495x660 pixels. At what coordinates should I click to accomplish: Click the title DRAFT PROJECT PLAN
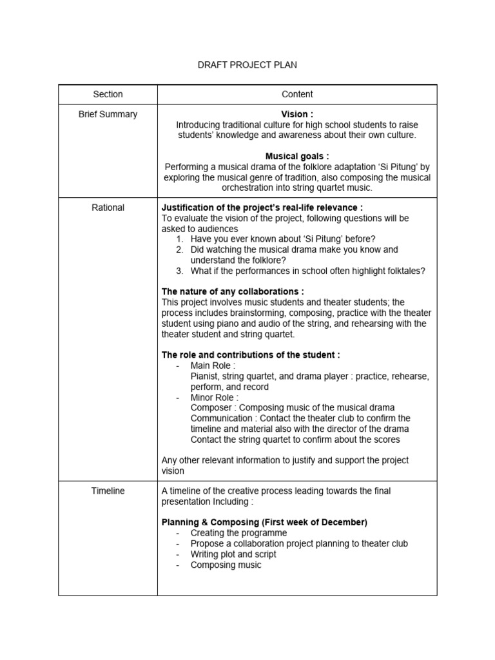[247, 65]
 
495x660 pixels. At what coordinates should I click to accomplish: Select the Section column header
[108, 94]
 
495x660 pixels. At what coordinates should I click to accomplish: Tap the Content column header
[297, 94]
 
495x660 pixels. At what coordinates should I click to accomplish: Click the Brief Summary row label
[108, 114]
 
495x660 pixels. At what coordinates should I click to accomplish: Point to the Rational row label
[108, 208]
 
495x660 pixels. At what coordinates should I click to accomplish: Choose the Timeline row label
[108, 491]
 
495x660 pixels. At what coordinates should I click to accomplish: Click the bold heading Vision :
[297, 114]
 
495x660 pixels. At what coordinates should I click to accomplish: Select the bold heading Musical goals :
[297, 156]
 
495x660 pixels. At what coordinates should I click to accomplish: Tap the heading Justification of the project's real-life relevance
[262, 208]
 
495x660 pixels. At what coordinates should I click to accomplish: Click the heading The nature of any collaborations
[233, 291]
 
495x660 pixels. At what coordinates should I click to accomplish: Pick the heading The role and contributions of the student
[251, 355]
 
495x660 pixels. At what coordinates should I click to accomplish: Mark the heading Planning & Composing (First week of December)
[264, 522]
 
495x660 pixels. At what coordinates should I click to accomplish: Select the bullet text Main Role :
[213, 365]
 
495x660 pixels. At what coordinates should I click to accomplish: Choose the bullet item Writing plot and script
[233, 554]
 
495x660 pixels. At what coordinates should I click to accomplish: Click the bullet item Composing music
[226, 565]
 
